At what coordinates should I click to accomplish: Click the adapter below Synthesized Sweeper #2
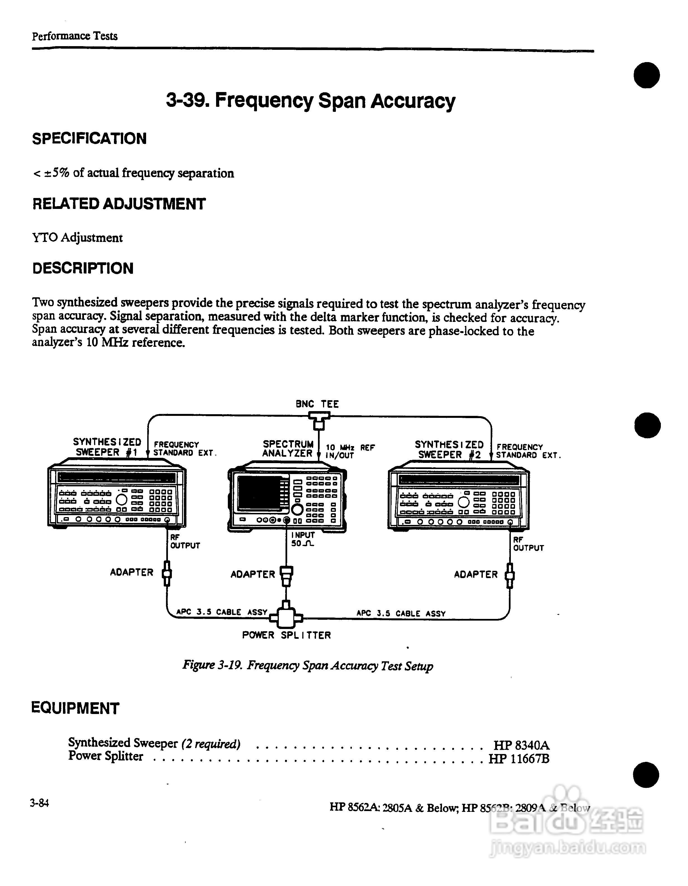(510, 575)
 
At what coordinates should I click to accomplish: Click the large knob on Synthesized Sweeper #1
(122, 499)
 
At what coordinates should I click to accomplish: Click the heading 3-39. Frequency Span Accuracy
(310, 101)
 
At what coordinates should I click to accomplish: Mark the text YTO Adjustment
(77, 238)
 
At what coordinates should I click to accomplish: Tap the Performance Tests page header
(75, 36)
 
